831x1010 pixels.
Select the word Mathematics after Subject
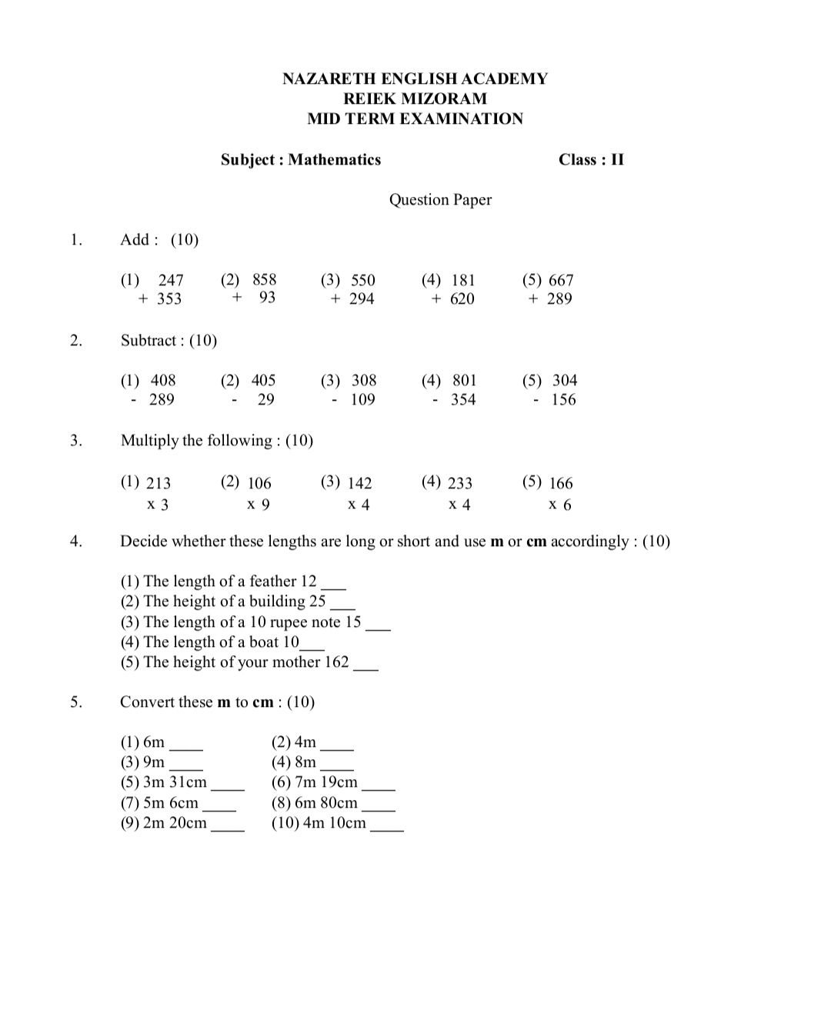[335, 160]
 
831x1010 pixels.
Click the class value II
[616, 160]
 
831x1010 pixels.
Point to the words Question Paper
[440, 200]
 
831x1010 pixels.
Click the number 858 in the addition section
[264, 280]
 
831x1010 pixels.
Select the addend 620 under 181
[462, 299]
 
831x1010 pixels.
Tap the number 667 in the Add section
[561, 280]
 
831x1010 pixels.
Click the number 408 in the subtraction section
[163, 381]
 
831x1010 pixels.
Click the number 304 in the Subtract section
[565, 381]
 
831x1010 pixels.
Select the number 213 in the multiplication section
[159, 483]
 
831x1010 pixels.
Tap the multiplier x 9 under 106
[259, 505]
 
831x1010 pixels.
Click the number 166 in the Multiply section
[561, 483]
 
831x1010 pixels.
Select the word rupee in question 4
[288, 622]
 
